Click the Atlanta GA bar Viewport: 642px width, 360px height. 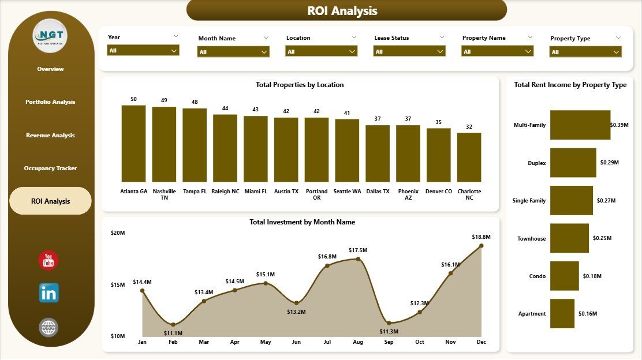click(133, 144)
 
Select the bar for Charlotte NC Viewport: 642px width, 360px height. click(469, 157)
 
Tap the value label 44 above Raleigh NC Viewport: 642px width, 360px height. click(225, 108)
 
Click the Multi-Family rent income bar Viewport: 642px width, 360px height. click(580, 125)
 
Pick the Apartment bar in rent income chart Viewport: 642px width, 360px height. click(562, 314)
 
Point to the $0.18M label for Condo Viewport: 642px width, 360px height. click(592, 276)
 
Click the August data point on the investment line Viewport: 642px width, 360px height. click(358, 259)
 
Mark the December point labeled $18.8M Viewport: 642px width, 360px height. click(481, 246)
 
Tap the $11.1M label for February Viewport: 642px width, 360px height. click(173, 333)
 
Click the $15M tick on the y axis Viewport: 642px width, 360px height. click(117, 284)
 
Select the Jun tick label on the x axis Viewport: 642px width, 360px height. click(296, 342)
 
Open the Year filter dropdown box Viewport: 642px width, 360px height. click(143, 51)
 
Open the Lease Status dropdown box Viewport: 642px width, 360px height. click(410, 51)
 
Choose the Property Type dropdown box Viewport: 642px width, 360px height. click(585, 52)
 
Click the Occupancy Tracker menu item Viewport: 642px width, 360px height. click(50, 168)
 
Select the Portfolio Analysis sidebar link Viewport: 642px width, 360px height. click(50, 102)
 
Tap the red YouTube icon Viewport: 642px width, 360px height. click(48, 260)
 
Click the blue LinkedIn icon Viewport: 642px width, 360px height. click(48, 293)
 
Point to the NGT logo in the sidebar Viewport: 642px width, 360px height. click(50, 36)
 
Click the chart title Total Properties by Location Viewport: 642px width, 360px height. click(300, 85)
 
